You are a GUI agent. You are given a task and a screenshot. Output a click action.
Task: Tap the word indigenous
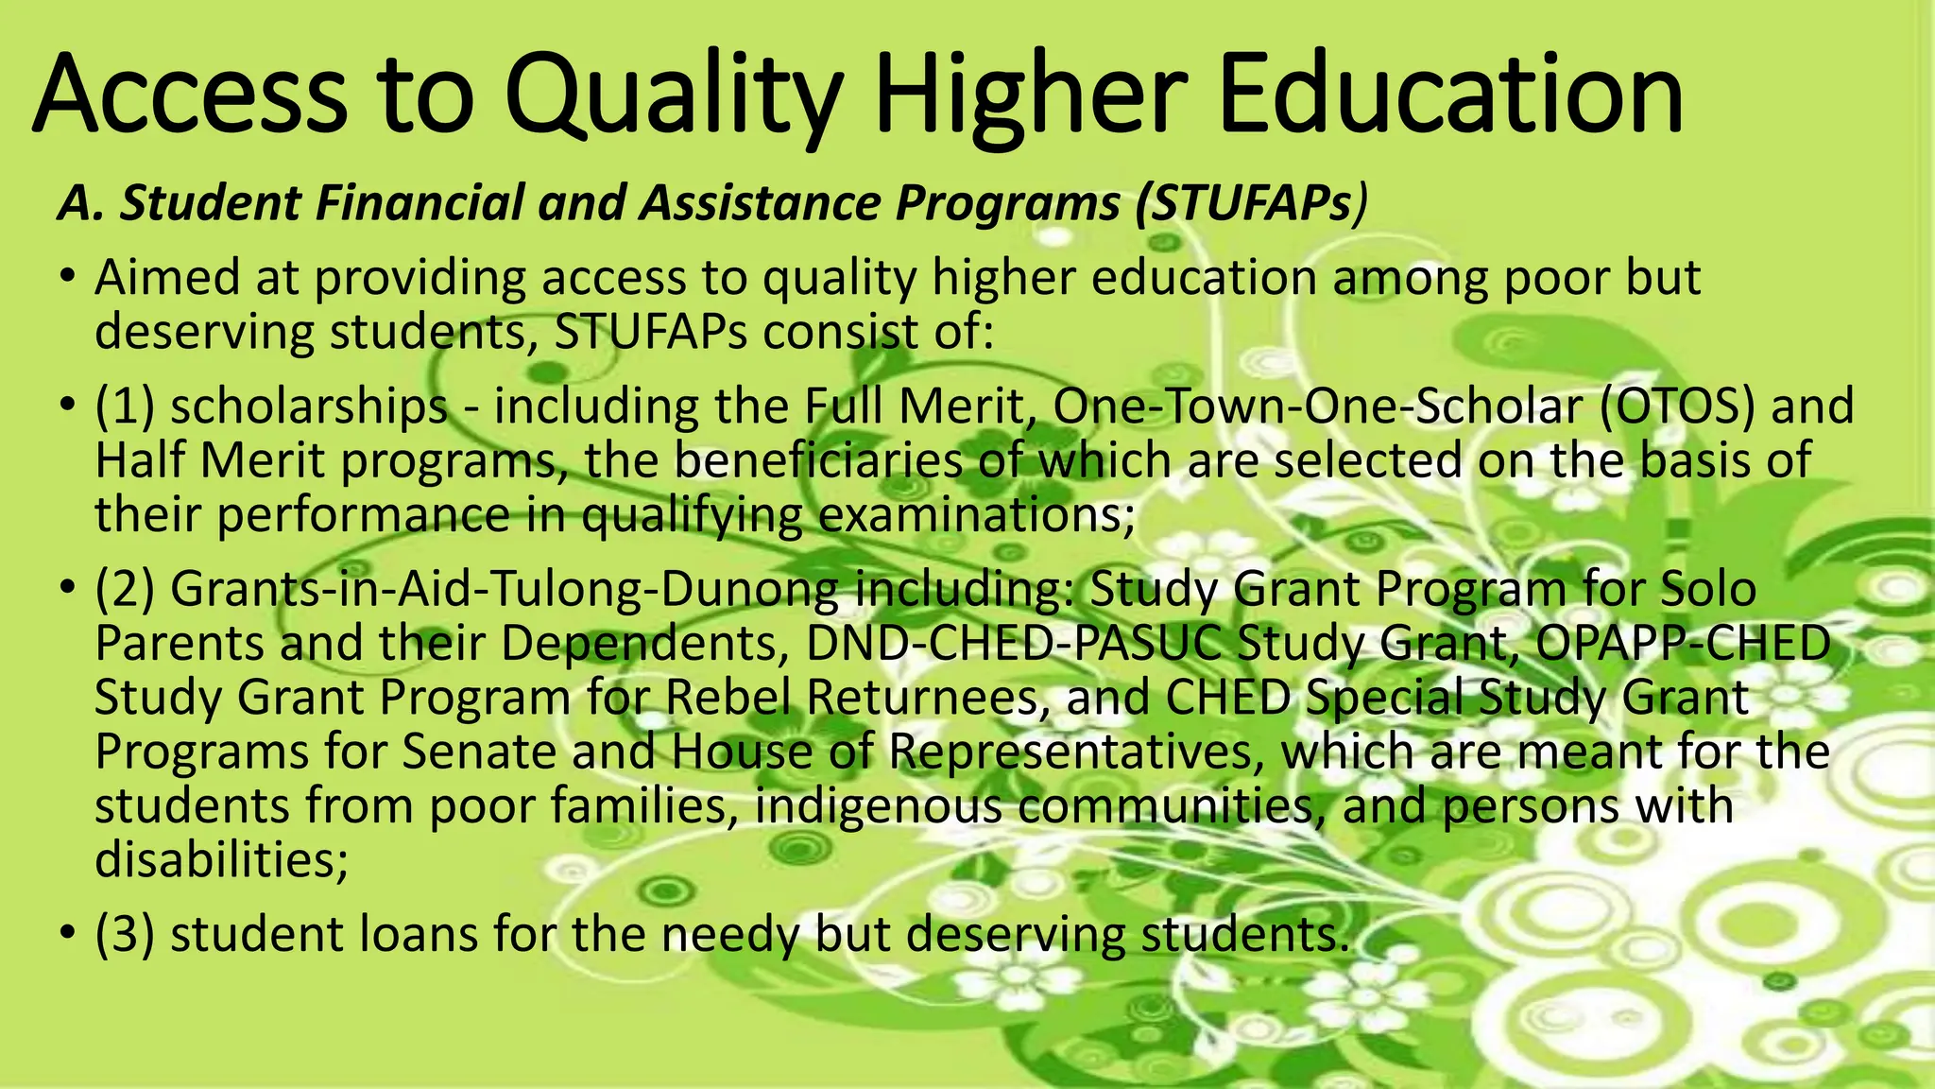[879, 806]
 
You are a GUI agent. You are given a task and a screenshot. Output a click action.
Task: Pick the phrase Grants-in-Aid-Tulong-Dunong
[504, 589]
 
